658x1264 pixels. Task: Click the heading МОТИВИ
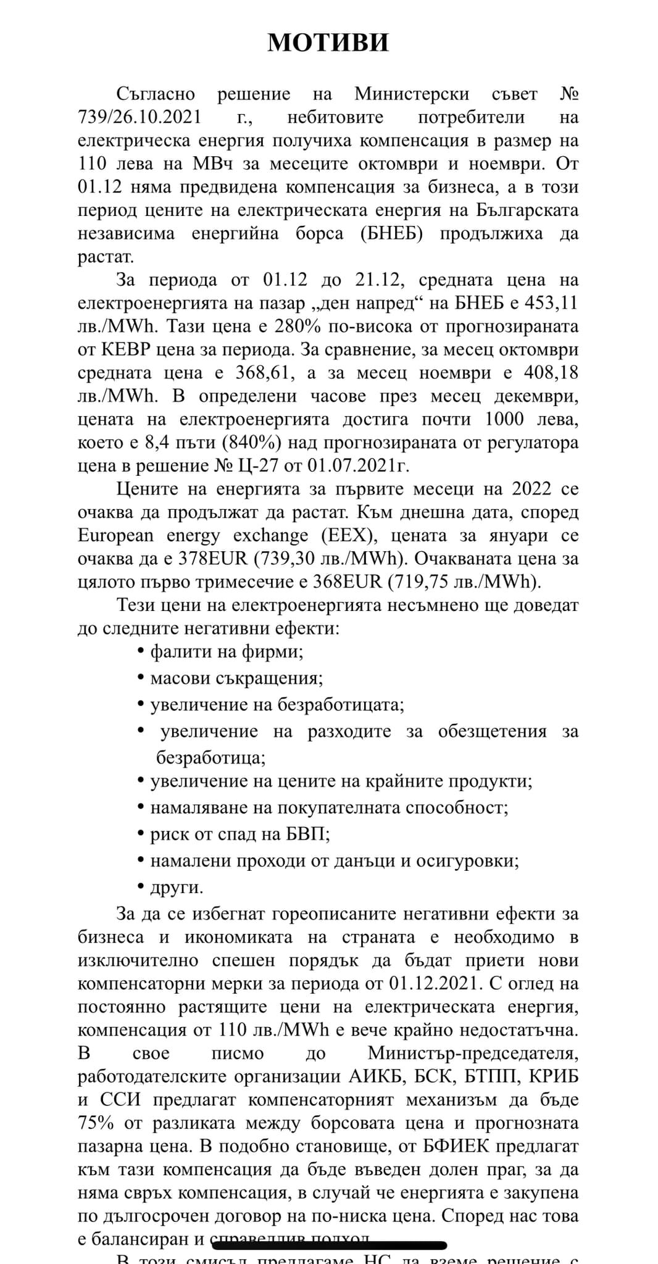328,42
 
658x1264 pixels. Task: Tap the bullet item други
177,888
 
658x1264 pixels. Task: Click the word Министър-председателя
473,1053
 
